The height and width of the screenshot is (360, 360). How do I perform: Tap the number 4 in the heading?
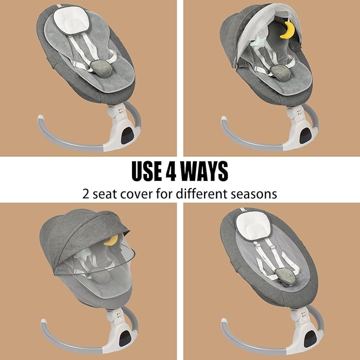[x=171, y=171]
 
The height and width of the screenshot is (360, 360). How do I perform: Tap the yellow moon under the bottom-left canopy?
[x=111, y=240]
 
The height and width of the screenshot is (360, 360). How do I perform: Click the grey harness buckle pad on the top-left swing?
[x=101, y=68]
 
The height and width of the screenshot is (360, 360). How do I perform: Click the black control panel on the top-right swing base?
[x=305, y=136]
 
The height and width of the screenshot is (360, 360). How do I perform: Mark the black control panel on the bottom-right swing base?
[x=310, y=339]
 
